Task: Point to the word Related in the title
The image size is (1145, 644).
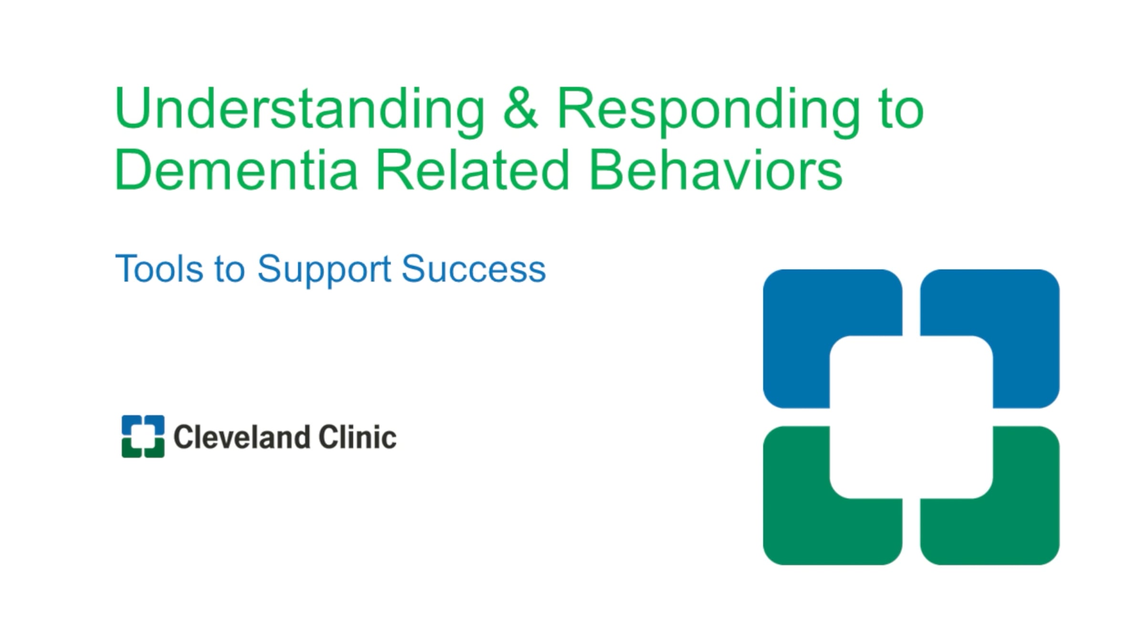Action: (x=472, y=169)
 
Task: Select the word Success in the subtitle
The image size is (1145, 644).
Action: (x=474, y=269)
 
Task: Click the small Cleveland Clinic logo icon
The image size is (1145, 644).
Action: (x=143, y=436)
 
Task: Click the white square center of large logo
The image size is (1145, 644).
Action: (x=911, y=417)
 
